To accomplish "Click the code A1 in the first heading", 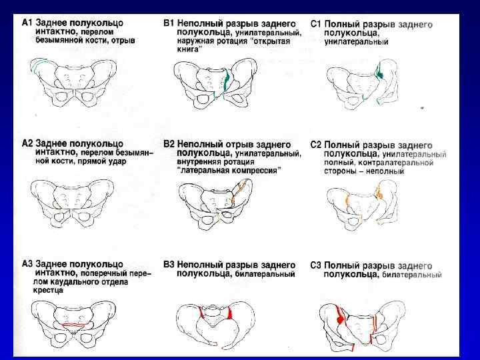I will click(x=27, y=22).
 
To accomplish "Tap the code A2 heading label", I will click(x=27, y=143).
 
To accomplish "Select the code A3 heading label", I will click(x=27, y=264).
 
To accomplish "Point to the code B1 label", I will click(x=169, y=23).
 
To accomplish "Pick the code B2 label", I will click(x=169, y=144).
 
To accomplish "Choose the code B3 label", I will click(x=169, y=265).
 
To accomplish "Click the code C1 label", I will click(x=317, y=24).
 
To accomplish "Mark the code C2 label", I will click(x=317, y=145).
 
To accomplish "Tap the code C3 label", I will click(x=317, y=265).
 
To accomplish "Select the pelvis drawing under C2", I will click(x=363, y=203).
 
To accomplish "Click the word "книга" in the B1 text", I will click(x=188, y=49).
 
